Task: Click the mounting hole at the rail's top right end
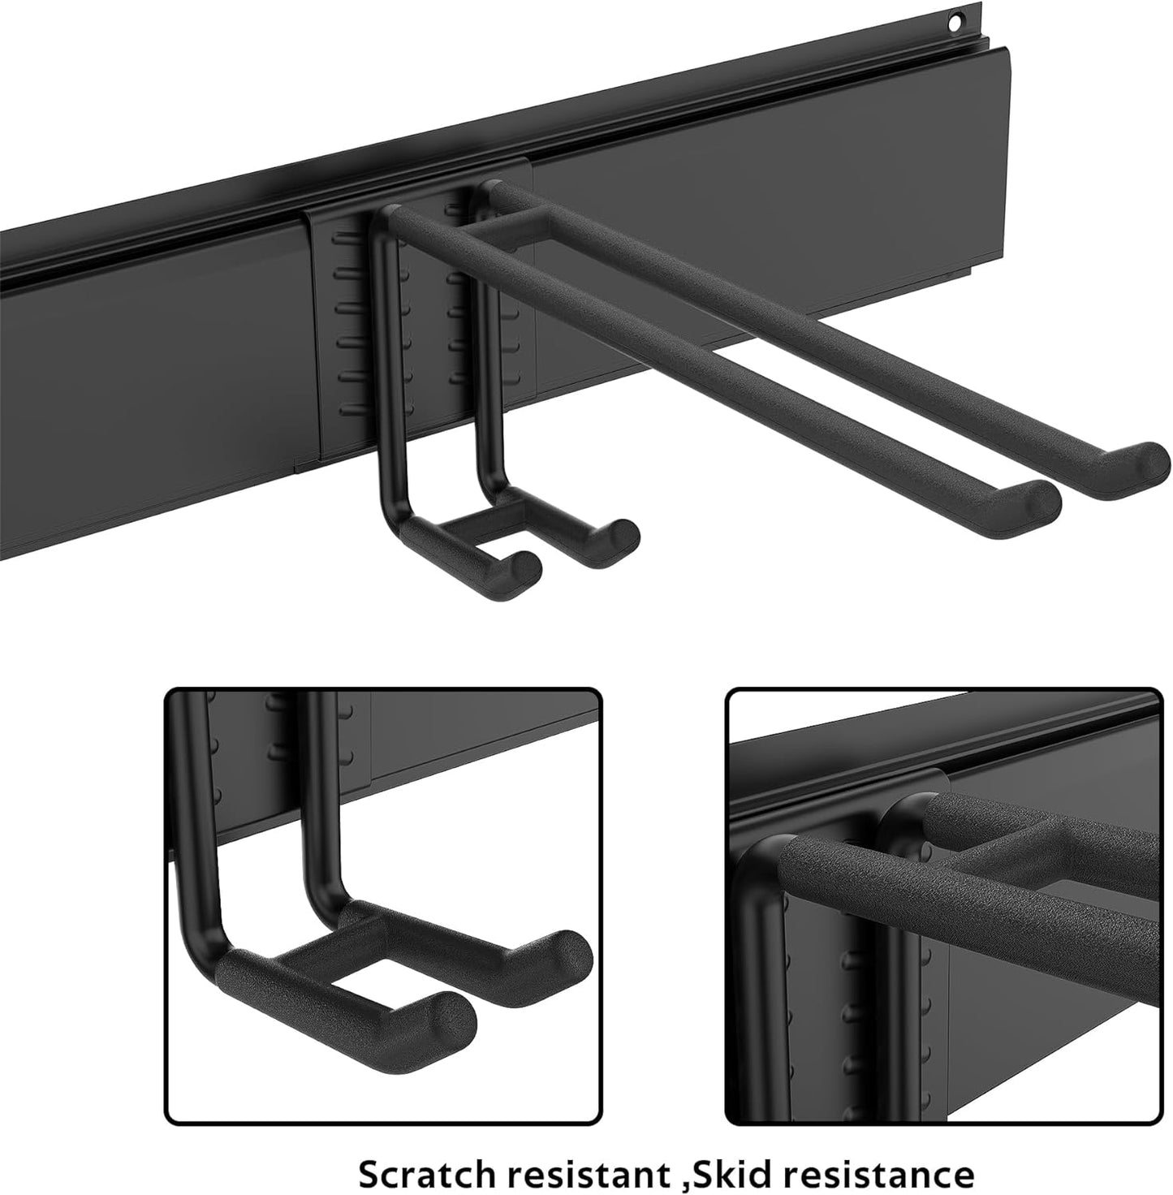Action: pos(960,19)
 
